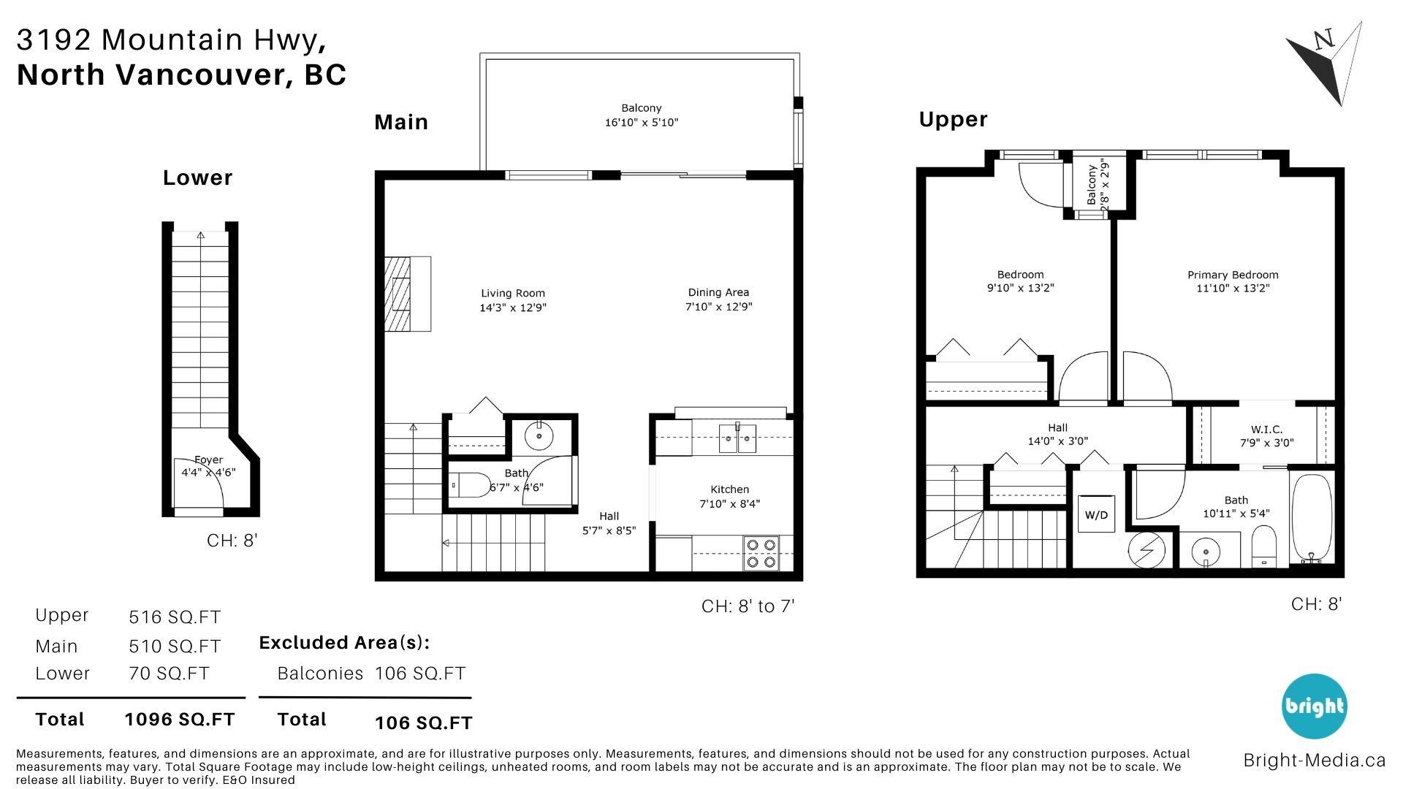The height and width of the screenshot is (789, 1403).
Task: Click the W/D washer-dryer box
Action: pyautogui.click(x=1096, y=514)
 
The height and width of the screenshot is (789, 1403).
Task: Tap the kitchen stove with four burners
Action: pyautogui.click(x=761, y=553)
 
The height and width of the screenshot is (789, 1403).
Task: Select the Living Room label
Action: pyautogui.click(x=512, y=293)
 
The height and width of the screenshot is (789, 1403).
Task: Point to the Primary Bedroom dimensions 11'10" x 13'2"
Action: pyautogui.click(x=1233, y=289)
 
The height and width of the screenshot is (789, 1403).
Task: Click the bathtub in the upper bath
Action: pyautogui.click(x=1312, y=519)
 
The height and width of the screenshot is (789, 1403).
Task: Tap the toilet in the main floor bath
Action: pyautogui.click(x=472, y=484)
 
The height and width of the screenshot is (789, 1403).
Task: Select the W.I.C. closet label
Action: pyautogui.click(x=1266, y=430)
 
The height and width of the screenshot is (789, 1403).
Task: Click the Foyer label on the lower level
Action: pyautogui.click(x=208, y=460)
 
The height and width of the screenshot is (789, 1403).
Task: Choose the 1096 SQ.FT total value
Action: pyautogui.click(x=180, y=720)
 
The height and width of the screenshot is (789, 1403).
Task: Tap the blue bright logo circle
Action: pyautogui.click(x=1314, y=706)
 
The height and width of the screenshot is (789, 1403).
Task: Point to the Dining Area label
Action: pyautogui.click(x=718, y=292)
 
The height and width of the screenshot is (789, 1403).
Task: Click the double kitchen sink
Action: pyautogui.click(x=737, y=439)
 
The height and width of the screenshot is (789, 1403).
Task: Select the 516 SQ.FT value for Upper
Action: pyautogui.click(x=174, y=617)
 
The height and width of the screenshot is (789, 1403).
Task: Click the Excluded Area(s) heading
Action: pyautogui.click(x=344, y=643)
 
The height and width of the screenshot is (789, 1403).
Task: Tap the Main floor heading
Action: pyautogui.click(x=400, y=122)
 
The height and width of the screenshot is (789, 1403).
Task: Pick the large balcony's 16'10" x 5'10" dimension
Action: pyautogui.click(x=641, y=123)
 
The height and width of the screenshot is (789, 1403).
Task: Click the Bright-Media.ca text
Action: pyautogui.click(x=1314, y=761)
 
